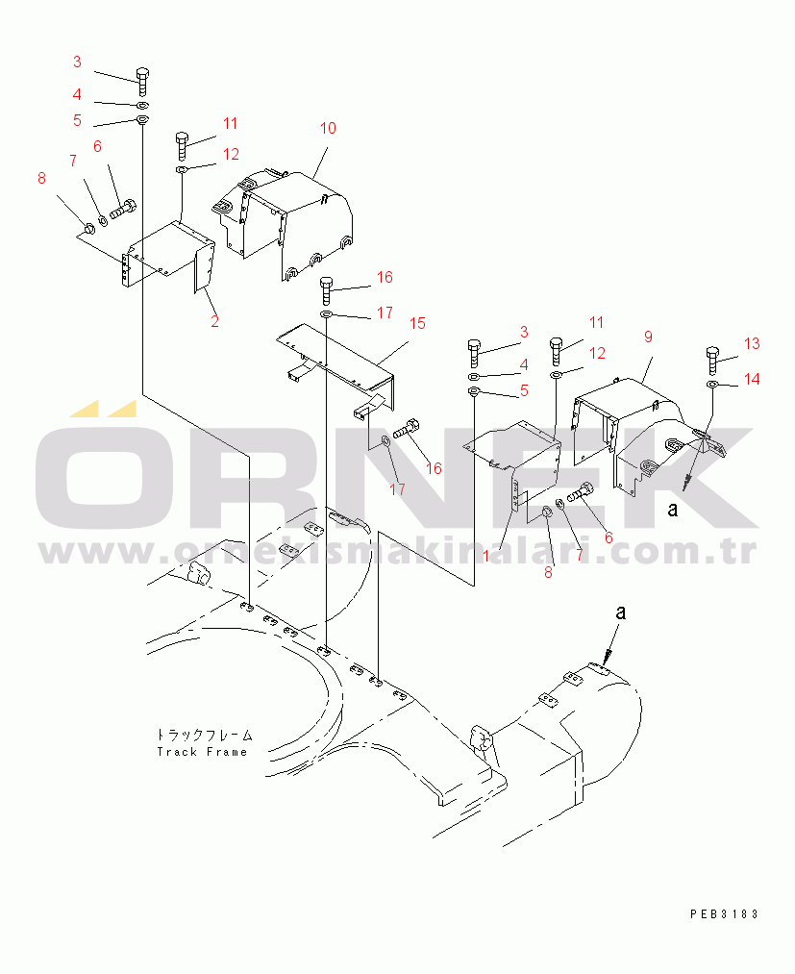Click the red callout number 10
pos(328,129)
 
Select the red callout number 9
pos(649,337)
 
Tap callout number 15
pos(417,324)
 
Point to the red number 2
pos(215,322)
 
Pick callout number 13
pos(752,343)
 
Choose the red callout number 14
pos(752,379)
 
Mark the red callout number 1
pos(485,556)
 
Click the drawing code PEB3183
pos(724,913)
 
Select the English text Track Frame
pos(202,752)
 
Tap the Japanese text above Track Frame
pos(205,735)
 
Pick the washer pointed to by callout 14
pos(711,386)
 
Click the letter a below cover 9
pos(672,510)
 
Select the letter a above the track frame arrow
pos(620,612)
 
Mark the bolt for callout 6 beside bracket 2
pos(123,208)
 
